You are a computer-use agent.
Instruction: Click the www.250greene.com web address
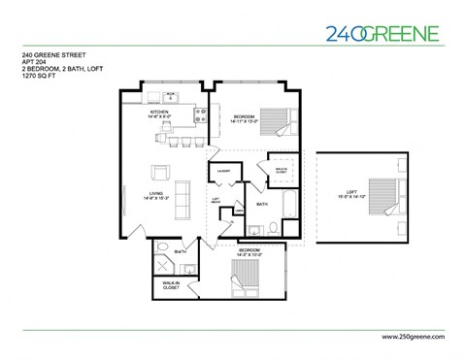click(407, 335)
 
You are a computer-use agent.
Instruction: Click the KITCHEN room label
click(160, 112)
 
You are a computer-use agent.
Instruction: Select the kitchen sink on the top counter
click(171, 96)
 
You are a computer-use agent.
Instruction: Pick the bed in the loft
click(383, 195)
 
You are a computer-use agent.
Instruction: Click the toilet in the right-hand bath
click(273, 229)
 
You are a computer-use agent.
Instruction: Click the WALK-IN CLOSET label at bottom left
click(173, 286)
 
